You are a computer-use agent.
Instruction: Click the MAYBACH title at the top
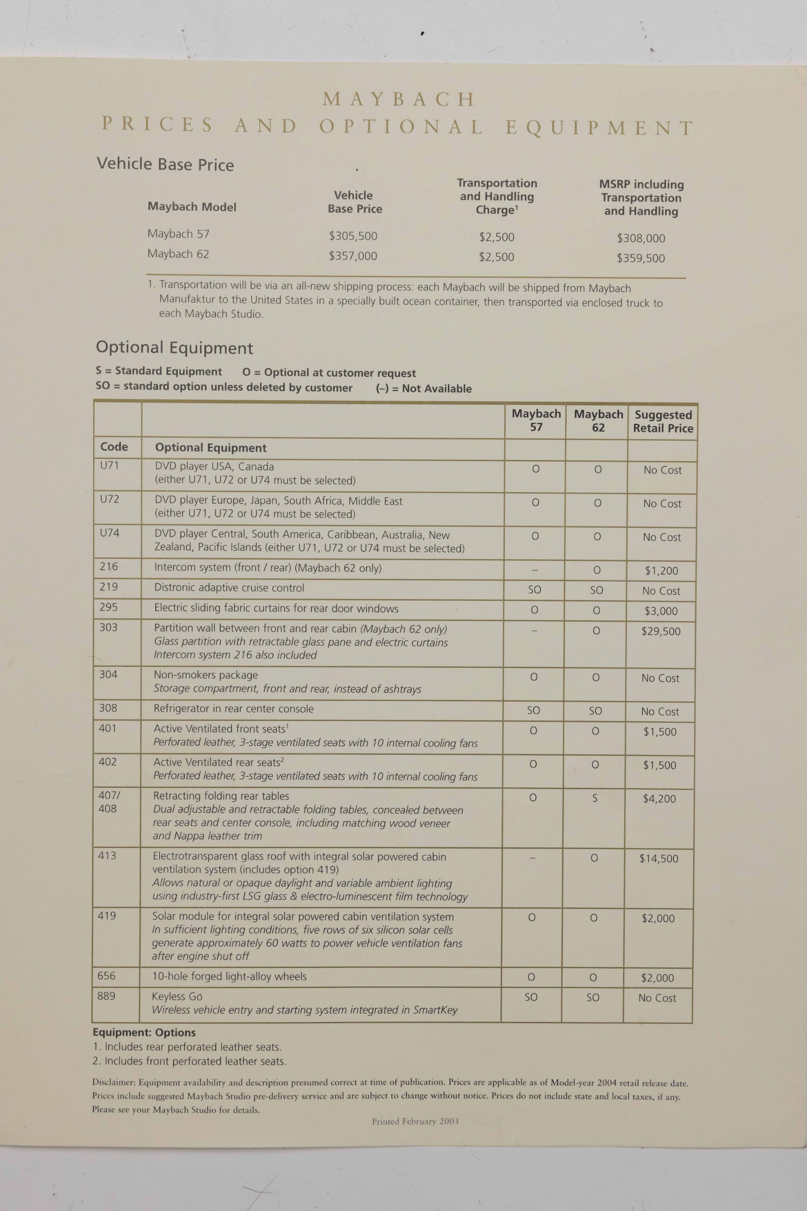(x=398, y=99)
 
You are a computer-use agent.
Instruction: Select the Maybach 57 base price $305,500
(x=353, y=236)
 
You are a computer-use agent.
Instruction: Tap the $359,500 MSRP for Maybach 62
(x=641, y=259)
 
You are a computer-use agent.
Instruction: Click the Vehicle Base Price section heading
(x=165, y=164)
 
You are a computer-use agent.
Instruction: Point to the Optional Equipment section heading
(x=174, y=348)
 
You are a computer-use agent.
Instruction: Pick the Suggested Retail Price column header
(x=663, y=422)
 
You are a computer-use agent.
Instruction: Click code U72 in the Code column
(x=110, y=499)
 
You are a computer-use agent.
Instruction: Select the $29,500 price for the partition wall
(x=660, y=631)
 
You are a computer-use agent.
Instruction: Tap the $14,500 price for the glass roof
(x=659, y=858)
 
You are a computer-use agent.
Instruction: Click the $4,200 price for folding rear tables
(x=659, y=799)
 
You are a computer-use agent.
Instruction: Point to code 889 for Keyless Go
(x=106, y=996)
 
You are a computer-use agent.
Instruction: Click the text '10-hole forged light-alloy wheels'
(x=229, y=976)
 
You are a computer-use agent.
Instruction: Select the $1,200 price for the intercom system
(x=661, y=571)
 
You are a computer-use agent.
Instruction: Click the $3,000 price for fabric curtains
(x=661, y=611)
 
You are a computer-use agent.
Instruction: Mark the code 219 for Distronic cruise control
(x=108, y=587)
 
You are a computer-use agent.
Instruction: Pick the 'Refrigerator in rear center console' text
(x=233, y=709)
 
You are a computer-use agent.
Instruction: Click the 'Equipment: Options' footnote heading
(x=144, y=1032)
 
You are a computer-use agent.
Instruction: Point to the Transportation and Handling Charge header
(x=497, y=196)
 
